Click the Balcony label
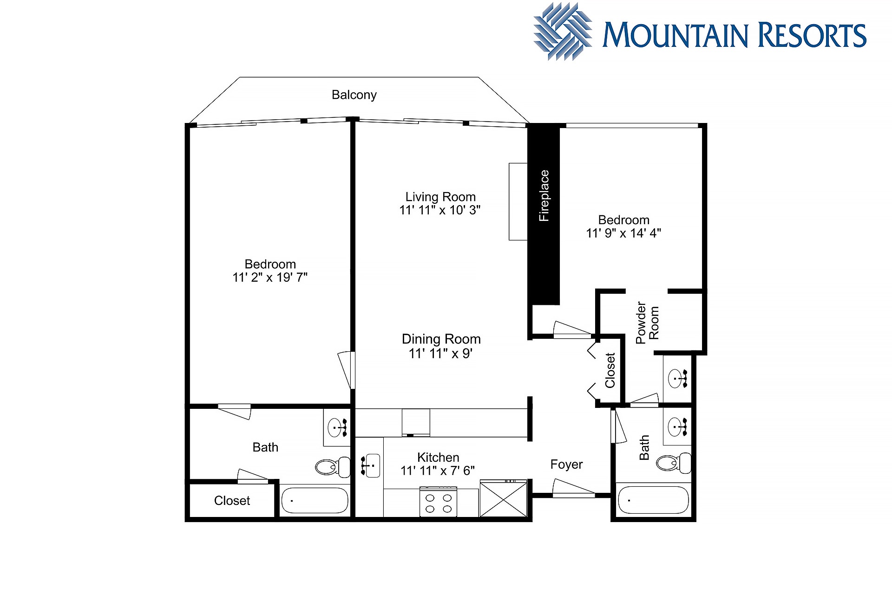[354, 95]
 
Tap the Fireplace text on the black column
[544, 195]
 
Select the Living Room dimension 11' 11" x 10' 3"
[440, 210]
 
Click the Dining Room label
[441, 339]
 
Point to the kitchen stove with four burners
[438, 501]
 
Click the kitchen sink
[370, 465]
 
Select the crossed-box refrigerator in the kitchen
[504, 499]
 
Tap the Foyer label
[566, 465]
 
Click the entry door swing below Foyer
[573, 489]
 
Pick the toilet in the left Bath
[333, 466]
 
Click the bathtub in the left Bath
[315, 500]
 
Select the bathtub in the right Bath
[653, 500]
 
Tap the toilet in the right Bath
[674, 463]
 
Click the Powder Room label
[647, 323]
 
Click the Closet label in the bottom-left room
[232, 501]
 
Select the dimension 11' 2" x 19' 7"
[270, 278]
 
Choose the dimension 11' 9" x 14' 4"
[623, 233]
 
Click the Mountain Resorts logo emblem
[563, 32]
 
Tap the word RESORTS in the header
[813, 35]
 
